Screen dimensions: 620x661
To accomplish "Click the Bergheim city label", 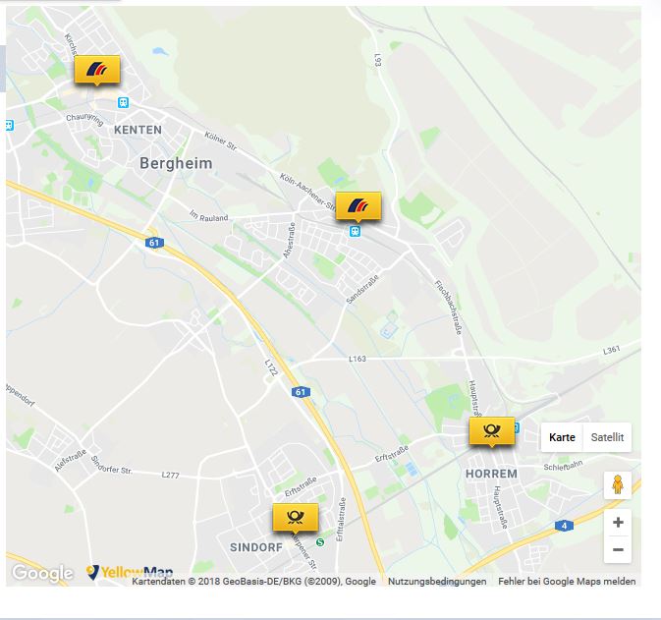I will coord(176,164).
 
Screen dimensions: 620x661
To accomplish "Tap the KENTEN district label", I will coord(138,130).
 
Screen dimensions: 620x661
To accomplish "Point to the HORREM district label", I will coord(490,474).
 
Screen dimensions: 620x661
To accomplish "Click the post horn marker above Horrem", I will coord(492,430).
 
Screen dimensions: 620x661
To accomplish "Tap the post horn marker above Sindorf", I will coord(295,517).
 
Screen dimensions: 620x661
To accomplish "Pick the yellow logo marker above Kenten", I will coord(97,69).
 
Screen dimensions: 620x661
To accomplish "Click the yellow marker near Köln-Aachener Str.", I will coord(358,206).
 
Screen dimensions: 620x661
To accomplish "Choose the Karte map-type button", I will coord(562,437).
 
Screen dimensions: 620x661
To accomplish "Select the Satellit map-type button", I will coord(606,437).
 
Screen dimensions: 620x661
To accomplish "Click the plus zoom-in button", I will coord(618,523).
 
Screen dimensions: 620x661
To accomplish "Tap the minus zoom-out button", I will coord(618,549).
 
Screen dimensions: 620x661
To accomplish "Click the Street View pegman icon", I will coord(618,484).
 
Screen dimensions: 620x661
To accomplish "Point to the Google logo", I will coord(42,574).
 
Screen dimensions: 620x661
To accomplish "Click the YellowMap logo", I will coord(131,573).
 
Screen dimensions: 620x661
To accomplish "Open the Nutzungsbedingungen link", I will coord(437,582).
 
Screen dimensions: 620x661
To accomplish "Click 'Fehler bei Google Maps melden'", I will coord(567,582).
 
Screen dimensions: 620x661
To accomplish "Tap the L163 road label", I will coord(357,360).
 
